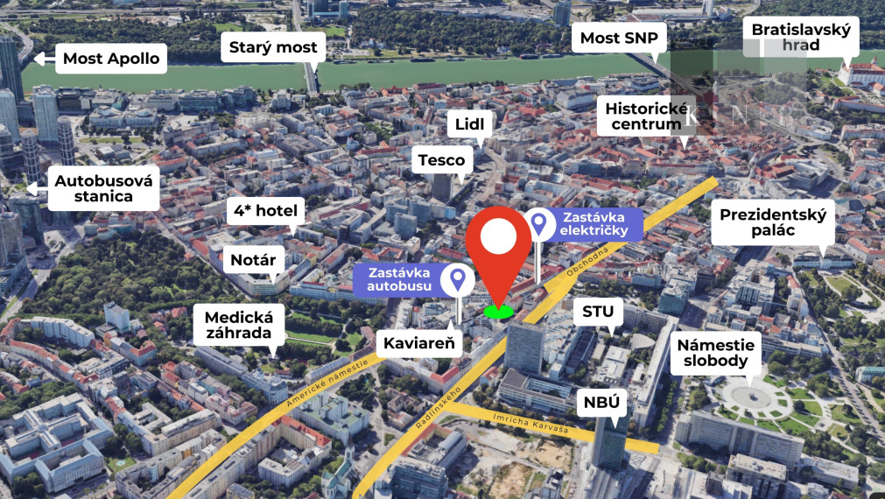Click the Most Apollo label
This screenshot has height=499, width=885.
tap(110, 60)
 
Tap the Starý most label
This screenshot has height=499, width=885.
tap(272, 47)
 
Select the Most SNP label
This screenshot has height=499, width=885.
tap(618, 39)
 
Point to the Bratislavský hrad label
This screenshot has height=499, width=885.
tap(801, 37)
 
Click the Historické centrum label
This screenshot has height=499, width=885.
tap(645, 116)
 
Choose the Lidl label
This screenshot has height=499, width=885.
tap(469, 124)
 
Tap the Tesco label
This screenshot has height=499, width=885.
tap(441, 160)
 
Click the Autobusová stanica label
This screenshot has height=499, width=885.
tap(103, 188)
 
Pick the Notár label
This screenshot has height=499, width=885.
tap(253, 260)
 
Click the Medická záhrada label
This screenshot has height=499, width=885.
tap(239, 326)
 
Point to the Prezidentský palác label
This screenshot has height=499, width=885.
tap(771, 222)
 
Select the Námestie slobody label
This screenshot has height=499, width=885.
tap(715, 353)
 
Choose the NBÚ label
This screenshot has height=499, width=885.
tap(603, 402)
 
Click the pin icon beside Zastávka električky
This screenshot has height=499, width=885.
tap(539, 224)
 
